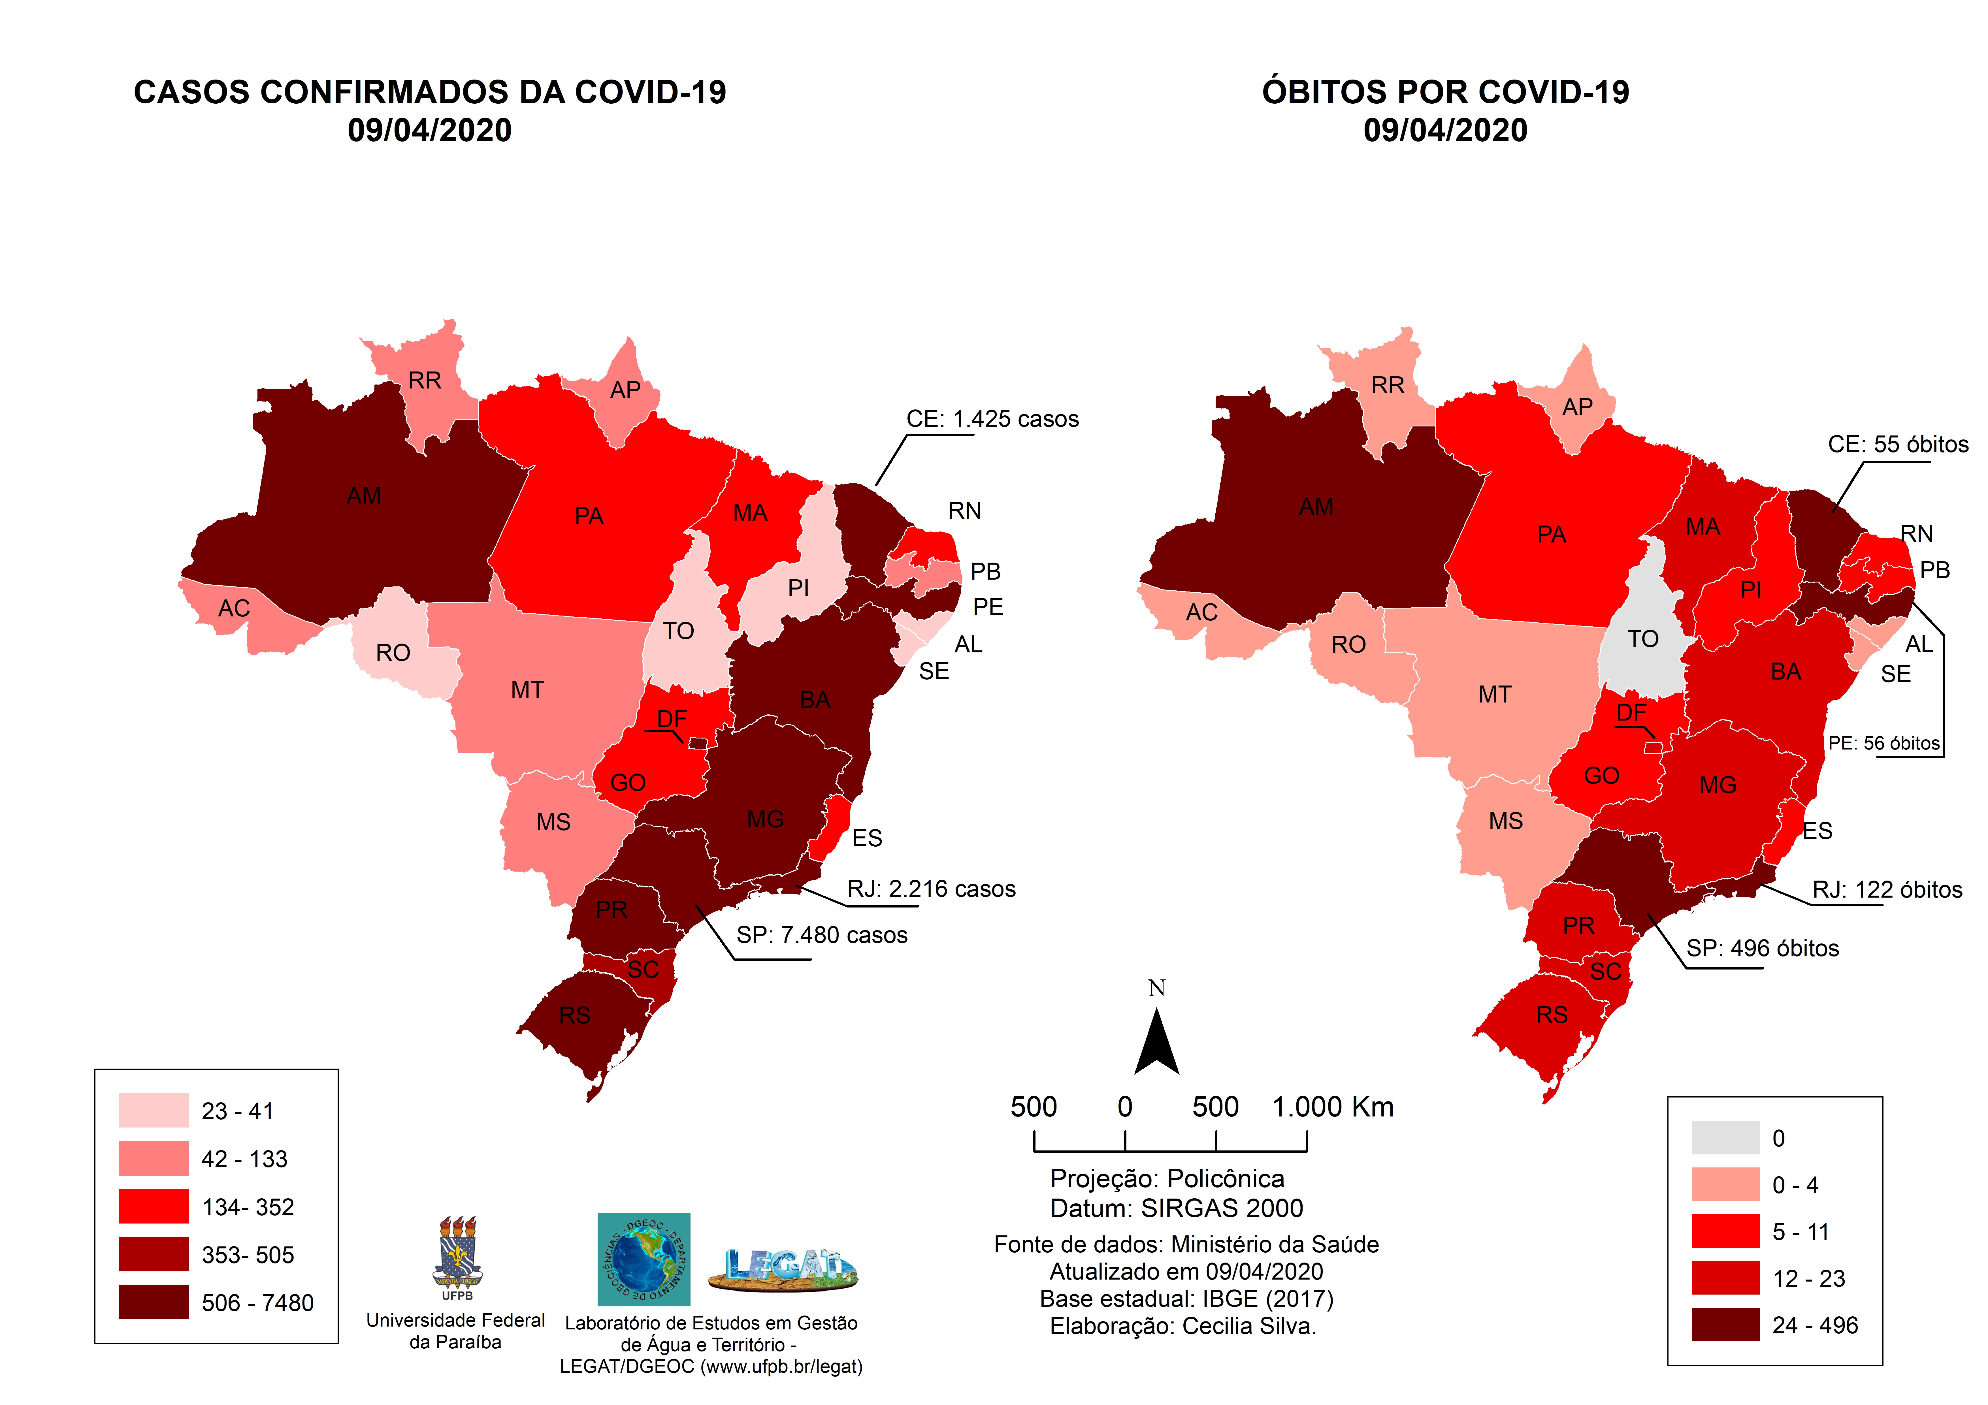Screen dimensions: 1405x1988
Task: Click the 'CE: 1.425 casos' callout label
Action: coord(992,419)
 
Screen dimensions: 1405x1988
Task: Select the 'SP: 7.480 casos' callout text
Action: coord(822,935)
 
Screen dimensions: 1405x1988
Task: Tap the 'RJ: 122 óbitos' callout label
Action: coord(1887,890)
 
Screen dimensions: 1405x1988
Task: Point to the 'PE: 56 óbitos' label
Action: coord(1884,743)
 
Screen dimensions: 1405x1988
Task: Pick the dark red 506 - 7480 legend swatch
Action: coord(153,1302)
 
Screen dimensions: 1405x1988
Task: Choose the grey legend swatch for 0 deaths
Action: coord(1726,1137)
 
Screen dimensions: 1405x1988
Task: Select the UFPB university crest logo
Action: coord(457,1255)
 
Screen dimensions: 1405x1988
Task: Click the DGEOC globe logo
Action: coord(643,1259)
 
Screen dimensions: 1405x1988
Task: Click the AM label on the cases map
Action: coord(364,496)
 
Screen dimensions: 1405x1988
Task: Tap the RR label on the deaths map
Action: coord(1388,385)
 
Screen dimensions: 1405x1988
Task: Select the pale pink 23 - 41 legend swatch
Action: coord(153,1111)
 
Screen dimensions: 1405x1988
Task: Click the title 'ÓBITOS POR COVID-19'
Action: coord(1445,92)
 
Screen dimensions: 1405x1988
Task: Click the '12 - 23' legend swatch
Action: coord(1726,1278)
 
